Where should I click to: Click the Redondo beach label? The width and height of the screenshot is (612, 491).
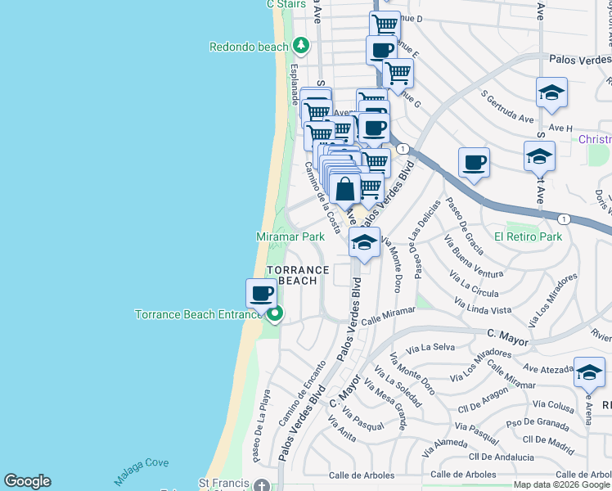coord(249,47)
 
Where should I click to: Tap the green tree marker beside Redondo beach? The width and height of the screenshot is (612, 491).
coord(301,46)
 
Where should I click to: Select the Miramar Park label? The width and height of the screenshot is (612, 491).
coord(290,236)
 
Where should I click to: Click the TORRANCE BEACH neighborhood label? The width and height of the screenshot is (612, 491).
coord(297,275)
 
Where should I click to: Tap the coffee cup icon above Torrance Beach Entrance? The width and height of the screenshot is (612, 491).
coord(261,293)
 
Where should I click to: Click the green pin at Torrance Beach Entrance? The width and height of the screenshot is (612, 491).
coord(276,313)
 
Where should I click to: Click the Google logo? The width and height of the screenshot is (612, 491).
coord(27,481)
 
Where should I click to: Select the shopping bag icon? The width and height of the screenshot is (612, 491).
coord(346,189)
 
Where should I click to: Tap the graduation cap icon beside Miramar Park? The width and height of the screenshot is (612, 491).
coord(365,242)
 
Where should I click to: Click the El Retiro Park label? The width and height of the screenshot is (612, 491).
coord(528,237)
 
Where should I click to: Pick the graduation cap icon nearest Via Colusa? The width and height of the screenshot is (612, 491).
coord(589,372)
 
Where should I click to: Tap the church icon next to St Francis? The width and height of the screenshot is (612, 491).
coord(260,484)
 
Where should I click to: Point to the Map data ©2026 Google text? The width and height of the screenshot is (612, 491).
coord(561,484)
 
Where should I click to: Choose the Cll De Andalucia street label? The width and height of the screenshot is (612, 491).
coord(502,456)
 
